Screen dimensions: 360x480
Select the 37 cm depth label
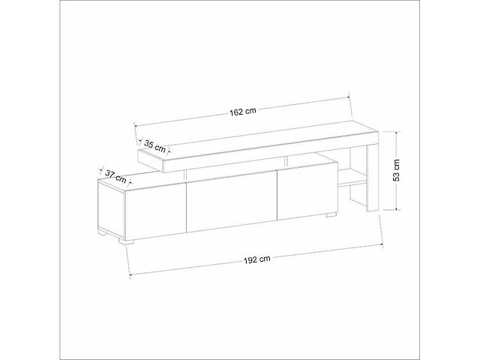(115, 175)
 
